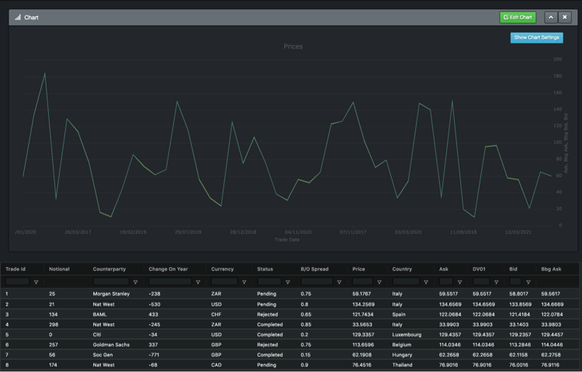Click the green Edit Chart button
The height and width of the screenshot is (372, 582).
pos(518,17)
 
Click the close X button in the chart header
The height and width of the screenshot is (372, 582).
pos(565,17)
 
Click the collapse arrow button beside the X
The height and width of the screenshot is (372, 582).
pos(550,17)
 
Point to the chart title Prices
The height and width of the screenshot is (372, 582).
pos(293,47)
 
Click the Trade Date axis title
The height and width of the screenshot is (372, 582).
pos(287,239)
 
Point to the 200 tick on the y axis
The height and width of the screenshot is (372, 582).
pos(557,59)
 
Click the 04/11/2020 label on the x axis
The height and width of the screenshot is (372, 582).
pos(298,231)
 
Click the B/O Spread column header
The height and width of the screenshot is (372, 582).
pos(314,269)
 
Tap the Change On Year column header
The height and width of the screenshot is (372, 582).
pos(168,269)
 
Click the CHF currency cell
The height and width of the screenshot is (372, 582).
pos(217,315)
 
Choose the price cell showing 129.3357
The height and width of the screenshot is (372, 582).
pos(363,335)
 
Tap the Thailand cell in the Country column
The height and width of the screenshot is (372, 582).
pos(403,365)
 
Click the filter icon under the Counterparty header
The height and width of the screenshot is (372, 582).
pos(136,283)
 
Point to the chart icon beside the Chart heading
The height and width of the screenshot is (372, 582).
pos(18,17)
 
